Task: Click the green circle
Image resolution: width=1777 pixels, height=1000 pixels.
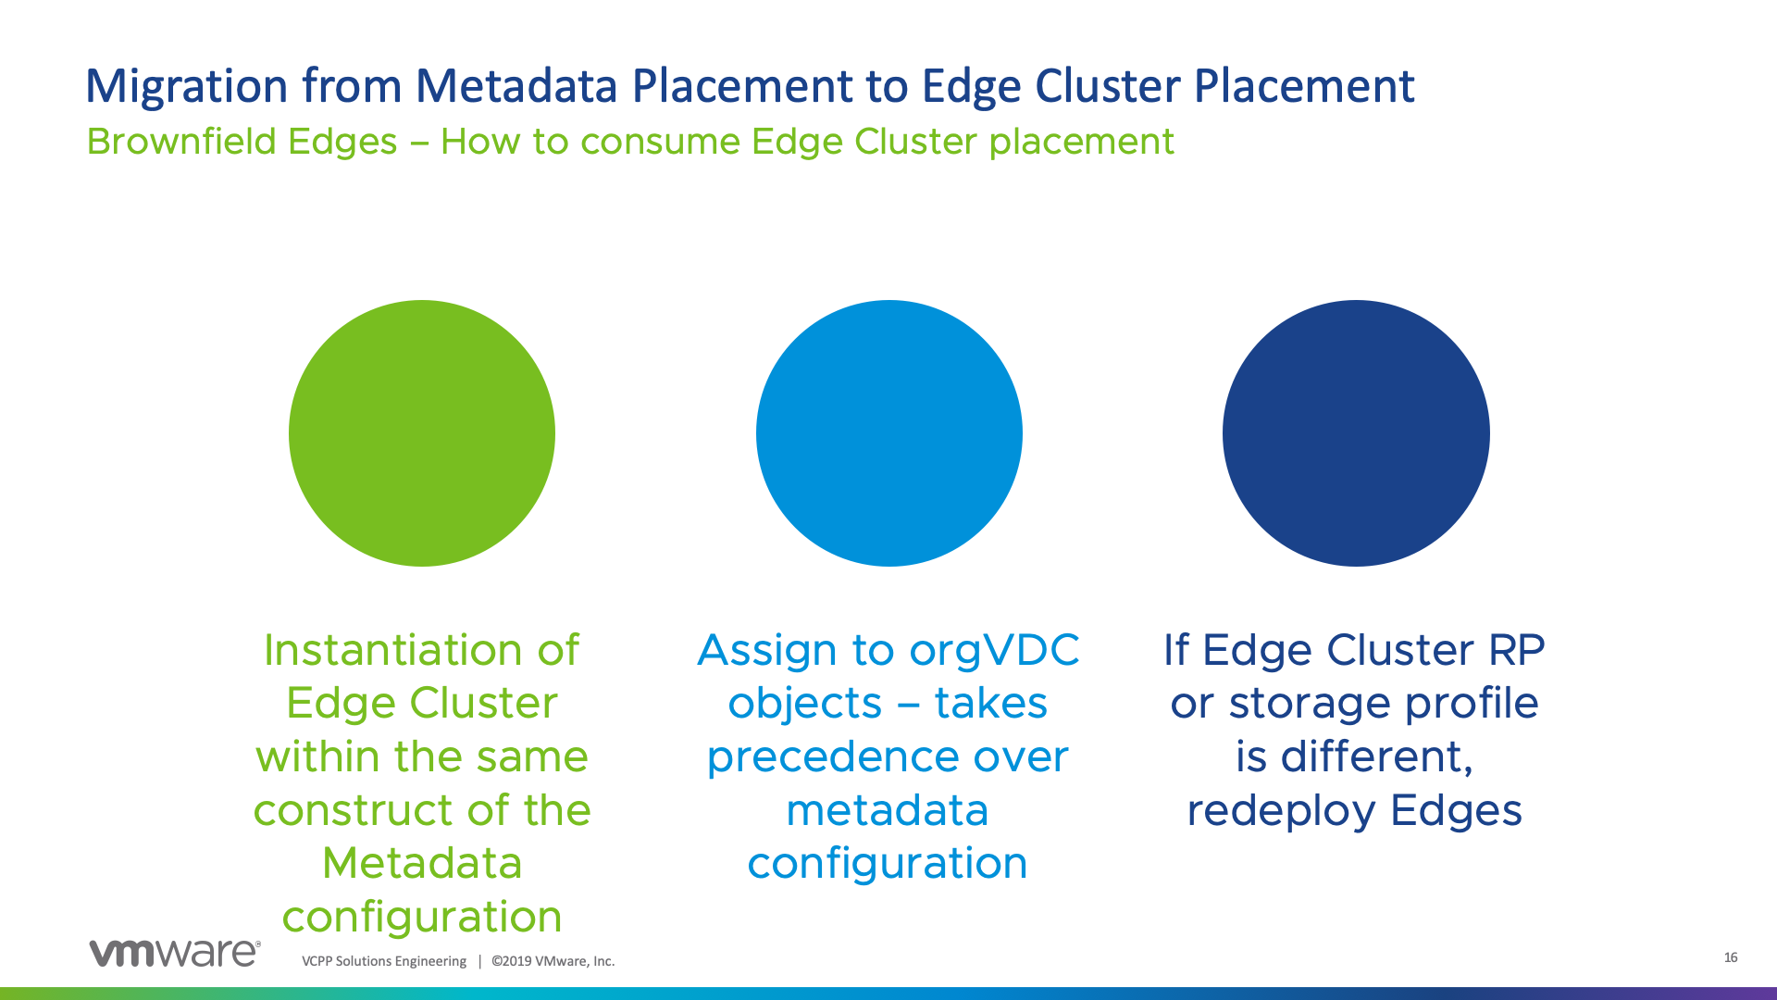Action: [x=422, y=433]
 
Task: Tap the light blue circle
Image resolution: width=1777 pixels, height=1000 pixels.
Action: [x=889, y=433]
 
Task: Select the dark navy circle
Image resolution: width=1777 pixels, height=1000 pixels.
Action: [x=1356, y=433]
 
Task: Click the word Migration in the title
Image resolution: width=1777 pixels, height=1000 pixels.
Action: [x=186, y=87]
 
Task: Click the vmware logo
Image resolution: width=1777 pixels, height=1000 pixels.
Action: [x=175, y=953]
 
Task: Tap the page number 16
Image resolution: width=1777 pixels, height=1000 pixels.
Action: [x=1731, y=957]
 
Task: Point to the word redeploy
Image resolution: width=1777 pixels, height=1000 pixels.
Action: [x=1282, y=811]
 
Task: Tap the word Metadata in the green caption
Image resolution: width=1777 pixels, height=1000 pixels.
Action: [x=422, y=864]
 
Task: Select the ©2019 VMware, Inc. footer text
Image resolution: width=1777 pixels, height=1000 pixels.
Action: [x=553, y=961]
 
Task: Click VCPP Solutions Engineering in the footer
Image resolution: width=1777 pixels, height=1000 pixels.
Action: [x=384, y=961]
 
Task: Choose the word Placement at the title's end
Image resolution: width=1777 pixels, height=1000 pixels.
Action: [x=1304, y=85]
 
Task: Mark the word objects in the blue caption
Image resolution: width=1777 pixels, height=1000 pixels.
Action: [x=804, y=704]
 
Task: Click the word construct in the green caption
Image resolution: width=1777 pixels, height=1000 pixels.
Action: [x=354, y=811]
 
